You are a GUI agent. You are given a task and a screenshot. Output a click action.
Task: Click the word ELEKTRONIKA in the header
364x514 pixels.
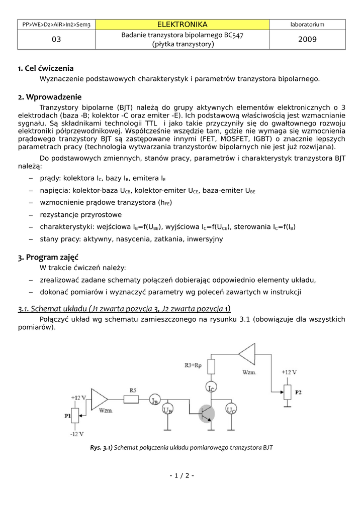182,24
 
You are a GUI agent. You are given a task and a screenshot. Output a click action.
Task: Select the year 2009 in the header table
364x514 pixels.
307,39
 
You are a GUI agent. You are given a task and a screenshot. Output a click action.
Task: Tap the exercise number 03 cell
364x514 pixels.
56,39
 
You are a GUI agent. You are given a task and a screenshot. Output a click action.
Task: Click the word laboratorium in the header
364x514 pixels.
307,24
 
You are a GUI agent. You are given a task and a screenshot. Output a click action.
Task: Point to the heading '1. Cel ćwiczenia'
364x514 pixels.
45,68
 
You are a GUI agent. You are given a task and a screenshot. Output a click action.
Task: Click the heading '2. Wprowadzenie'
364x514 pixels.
49,97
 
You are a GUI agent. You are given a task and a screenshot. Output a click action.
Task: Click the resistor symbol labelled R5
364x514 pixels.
132,400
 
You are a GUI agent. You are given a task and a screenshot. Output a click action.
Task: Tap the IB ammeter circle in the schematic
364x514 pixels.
155,400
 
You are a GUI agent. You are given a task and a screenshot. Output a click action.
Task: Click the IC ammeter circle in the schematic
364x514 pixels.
211,387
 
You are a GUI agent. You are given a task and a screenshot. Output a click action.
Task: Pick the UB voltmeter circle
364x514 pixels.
167,410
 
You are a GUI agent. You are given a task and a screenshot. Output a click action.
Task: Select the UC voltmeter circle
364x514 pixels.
231,410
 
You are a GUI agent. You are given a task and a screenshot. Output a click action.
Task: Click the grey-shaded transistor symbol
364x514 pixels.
207,414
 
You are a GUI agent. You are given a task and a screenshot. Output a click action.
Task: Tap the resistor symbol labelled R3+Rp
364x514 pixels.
211,366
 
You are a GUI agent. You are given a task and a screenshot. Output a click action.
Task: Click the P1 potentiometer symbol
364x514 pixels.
75,415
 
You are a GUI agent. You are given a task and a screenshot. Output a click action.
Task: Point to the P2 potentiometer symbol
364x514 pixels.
287,391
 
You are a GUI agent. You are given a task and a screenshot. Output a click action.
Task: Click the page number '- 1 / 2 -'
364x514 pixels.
181,476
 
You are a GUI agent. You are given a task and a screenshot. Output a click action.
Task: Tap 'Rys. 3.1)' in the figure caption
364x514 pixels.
101,447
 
